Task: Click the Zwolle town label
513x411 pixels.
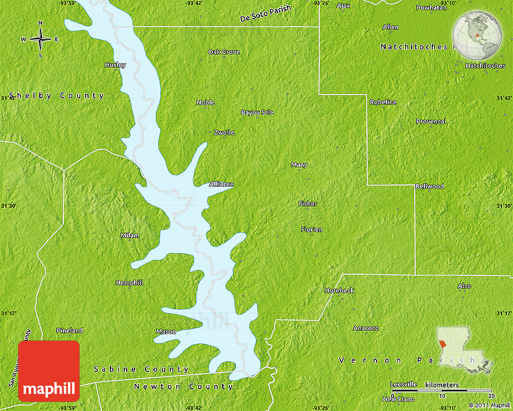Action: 224,133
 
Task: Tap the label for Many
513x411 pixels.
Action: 299,165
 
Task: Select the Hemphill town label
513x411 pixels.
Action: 130,282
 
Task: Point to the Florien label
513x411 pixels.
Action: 311,230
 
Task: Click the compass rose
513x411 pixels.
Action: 40,39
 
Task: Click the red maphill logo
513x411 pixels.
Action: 49,371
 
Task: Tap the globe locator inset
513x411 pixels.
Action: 478,36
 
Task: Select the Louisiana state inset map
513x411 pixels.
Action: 462,350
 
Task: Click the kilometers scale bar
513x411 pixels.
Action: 444,390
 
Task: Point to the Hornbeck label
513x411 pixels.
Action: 339,290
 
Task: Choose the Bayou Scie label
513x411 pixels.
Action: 257,113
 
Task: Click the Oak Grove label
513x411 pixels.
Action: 224,52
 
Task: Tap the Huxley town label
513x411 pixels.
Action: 115,64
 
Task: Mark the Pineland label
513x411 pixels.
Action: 70,330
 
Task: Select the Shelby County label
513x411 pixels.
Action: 56,96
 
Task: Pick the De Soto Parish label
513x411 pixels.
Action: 265,14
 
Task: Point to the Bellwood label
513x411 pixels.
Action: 429,186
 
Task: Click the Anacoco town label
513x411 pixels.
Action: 366,328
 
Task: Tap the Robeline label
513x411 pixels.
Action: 383,102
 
